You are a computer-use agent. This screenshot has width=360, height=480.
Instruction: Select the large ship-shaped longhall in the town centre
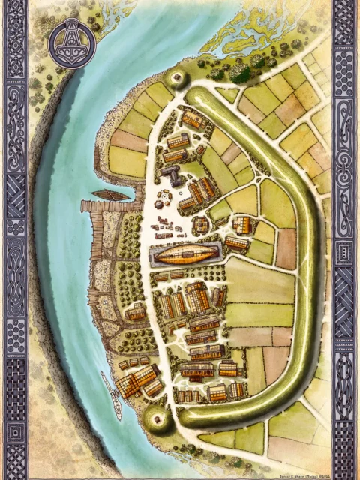click(x=187, y=255)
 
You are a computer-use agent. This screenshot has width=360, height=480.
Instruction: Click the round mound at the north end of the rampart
click(x=179, y=77)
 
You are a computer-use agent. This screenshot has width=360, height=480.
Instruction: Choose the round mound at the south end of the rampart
click(x=157, y=420)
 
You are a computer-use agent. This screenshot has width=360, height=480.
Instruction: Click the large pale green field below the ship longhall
click(x=258, y=280)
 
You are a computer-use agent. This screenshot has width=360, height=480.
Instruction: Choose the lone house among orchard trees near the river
click(x=135, y=313)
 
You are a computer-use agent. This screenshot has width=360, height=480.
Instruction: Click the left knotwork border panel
click(x=16, y=240)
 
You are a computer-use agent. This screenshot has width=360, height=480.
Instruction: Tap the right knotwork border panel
click(x=344, y=240)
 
